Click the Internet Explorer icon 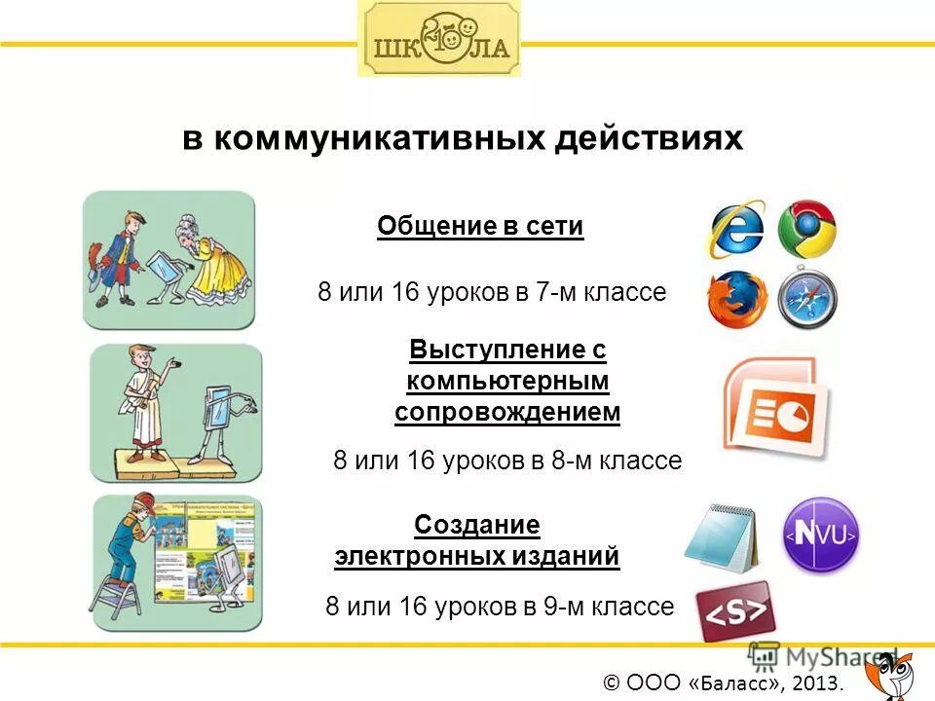click(x=736, y=231)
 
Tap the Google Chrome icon click(x=807, y=230)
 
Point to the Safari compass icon click(x=807, y=297)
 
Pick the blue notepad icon click(x=722, y=538)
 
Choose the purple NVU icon click(x=821, y=535)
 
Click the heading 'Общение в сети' click(x=480, y=227)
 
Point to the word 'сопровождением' click(x=507, y=412)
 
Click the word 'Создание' click(x=477, y=526)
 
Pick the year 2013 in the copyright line click(x=819, y=683)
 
